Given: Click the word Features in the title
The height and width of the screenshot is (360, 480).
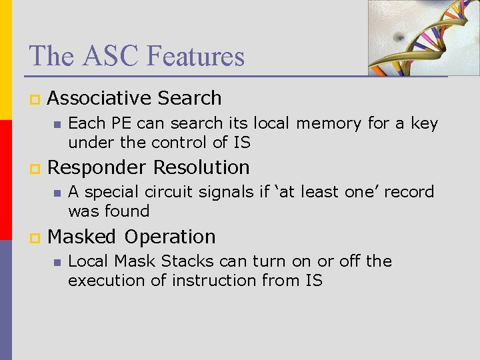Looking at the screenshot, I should (x=196, y=56).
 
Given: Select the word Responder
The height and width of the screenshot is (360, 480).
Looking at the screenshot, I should (x=97, y=167).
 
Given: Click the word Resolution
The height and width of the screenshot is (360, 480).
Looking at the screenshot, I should (x=201, y=167).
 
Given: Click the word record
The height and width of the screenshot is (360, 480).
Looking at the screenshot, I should (x=409, y=192).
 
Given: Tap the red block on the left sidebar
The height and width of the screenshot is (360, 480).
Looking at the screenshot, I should (x=6, y=180).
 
